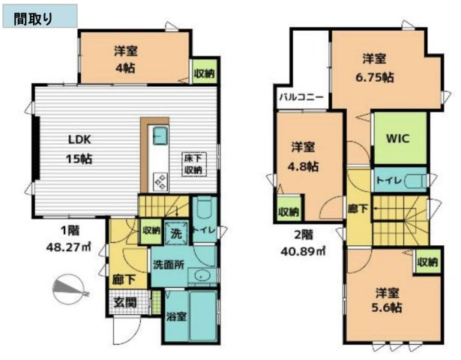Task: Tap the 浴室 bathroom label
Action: coord(176,316)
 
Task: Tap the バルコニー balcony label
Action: coord(301,97)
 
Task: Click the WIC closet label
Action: coord(397,139)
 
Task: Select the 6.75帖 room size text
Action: coord(375,76)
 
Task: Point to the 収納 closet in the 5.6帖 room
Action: coord(427,262)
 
